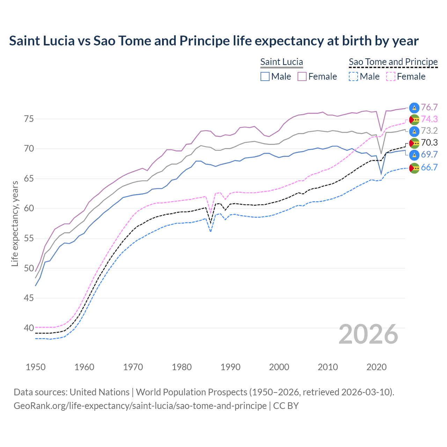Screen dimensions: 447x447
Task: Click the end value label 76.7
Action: (429, 108)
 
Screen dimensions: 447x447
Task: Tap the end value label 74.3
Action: (429, 119)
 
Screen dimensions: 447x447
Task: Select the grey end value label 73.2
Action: (429, 131)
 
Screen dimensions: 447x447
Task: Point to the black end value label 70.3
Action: (429, 142)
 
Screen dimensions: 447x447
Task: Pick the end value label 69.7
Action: (429, 155)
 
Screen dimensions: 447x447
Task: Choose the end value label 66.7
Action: (429, 168)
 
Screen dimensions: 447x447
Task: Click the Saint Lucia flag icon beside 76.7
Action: (414, 108)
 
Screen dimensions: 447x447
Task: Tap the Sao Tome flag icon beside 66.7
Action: (414, 168)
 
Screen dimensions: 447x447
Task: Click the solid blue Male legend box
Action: (265, 76)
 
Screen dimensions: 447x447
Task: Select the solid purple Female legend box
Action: (302, 76)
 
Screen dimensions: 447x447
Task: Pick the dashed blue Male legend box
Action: (353, 76)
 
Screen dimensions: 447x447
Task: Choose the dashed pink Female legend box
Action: (391, 76)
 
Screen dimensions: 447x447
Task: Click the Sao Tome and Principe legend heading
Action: (393, 62)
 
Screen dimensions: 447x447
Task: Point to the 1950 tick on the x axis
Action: (36, 367)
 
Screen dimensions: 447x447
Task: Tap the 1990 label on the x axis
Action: (230, 367)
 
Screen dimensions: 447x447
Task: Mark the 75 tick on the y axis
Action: (29, 119)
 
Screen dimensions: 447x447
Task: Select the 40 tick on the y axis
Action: (29, 328)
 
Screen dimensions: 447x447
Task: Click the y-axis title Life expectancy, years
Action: (15, 223)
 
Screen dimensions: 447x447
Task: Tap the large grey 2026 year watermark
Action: (368, 334)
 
